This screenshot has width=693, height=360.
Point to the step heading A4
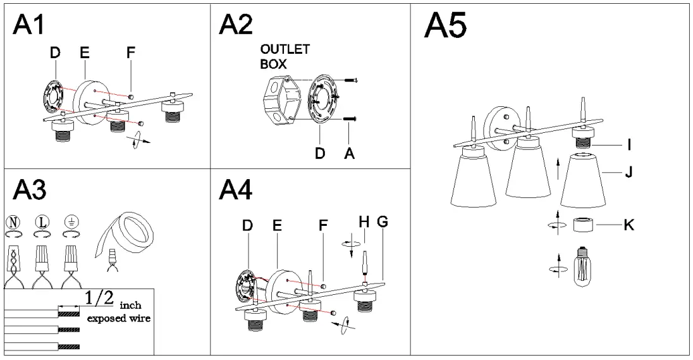[x=236, y=190]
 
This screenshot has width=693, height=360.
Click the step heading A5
[x=445, y=27]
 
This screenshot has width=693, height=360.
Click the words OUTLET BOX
[x=285, y=57]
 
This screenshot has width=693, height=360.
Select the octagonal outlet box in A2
[x=278, y=99]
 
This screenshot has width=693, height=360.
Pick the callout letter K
[x=629, y=225]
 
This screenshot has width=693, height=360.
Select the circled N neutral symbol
[x=13, y=221]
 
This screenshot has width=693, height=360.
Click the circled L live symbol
[x=42, y=221]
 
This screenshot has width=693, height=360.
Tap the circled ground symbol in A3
[x=71, y=221]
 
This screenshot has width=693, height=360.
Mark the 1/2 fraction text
[x=101, y=298]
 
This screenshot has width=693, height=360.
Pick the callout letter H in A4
[x=363, y=222]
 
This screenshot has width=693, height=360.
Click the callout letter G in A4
[x=382, y=222]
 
